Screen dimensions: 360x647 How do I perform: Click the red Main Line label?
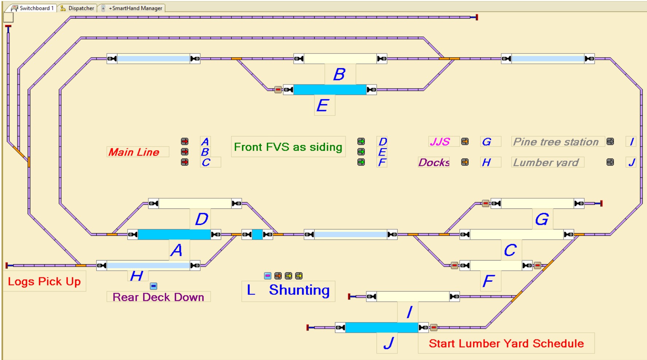pyautogui.click(x=134, y=152)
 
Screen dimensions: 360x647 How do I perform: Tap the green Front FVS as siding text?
pyautogui.click(x=288, y=147)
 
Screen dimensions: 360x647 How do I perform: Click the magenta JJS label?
pyautogui.click(x=440, y=142)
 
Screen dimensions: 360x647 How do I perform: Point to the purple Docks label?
pyautogui.click(x=434, y=162)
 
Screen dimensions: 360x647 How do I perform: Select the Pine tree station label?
pyautogui.click(x=556, y=142)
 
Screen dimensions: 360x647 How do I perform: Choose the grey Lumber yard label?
pyautogui.click(x=546, y=163)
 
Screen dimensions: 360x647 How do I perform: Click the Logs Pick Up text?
pyautogui.click(x=44, y=281)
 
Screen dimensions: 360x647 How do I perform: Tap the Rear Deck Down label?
pyautogui.click(x=158, y=297)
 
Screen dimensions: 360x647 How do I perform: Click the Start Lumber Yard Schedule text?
pyautogui.click(x=506, y=343)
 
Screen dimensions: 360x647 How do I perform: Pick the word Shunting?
pyautogui.click(x=299, y=290)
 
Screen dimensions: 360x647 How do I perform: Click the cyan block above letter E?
pyautogui.click(x=330, y=90)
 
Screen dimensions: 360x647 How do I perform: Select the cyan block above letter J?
pyautogui.click(x=381, y=328)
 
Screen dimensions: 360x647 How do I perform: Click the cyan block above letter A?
pyautogui.click(x=174, y=234)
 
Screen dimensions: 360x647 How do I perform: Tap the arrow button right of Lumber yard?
pyautogui.click(x=610, y=162)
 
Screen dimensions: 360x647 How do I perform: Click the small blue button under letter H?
pyautogui.click(x=153, y=286)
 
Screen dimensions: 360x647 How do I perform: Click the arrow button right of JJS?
pyautogui.click(x=465, y=141)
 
